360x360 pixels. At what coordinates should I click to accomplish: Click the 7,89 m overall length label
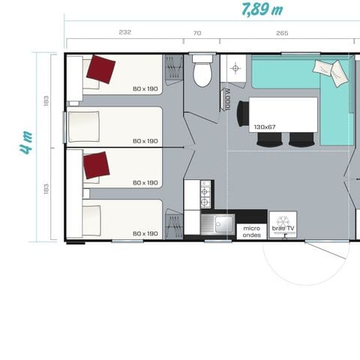pyautogui.click(x=262, y=10)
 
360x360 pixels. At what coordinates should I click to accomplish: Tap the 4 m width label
pyautogui.click(x=26, y=142)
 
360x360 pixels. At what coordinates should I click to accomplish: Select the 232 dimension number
pyautogui.click(x=124, y=32)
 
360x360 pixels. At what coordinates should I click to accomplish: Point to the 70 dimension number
pyautogui.click(x=197, y=32)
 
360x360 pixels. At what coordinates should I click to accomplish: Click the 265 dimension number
pyautogui.click(x=282, y=32)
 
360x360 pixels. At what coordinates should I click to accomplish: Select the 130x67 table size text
pyautogui.click(x=265, y=127)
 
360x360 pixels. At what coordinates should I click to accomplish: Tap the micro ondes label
pyautogui.click(x=250, y=231)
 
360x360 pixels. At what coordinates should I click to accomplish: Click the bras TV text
pyautogui.click(x=283, y=228)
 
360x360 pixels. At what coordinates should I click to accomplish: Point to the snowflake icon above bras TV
pyautogui.click(x=283, y=220)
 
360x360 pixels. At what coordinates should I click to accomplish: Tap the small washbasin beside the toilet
pyautogui.click(x=235, y=68)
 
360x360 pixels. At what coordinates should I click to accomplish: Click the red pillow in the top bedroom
pyautogui.click(x=100, y=70)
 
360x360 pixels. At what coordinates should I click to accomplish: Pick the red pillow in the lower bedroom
pyautogui.click(x=96, y=164)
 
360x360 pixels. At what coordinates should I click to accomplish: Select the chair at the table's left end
pyautogui.click(x=242, y=114)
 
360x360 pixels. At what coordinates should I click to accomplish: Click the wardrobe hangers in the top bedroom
pyautogui.click(x=173, y=70)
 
